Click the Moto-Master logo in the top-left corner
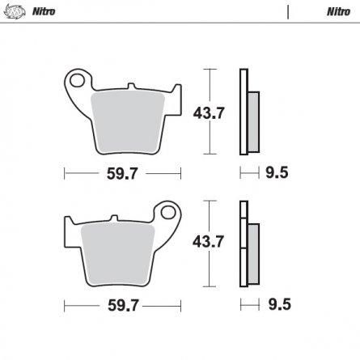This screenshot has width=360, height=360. pos(14,11)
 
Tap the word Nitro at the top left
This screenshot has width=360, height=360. pos(40,11)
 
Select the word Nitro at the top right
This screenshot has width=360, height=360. pos(337,11)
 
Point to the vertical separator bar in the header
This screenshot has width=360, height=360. pos(288,11)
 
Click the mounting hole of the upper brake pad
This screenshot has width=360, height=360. pos(77,81)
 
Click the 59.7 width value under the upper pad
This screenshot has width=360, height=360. pos(122,172)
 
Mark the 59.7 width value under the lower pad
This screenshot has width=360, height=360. pos(122,305)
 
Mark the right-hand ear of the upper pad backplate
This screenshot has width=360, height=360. pos(173,105)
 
